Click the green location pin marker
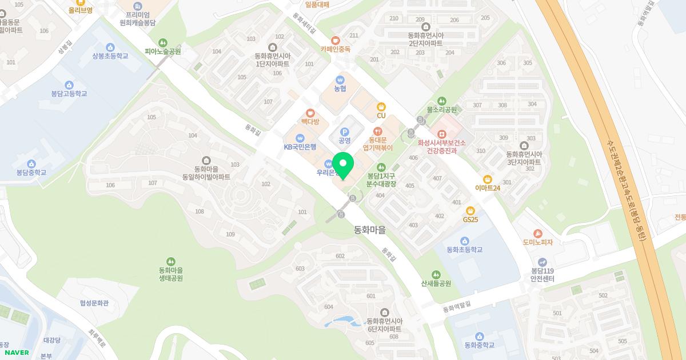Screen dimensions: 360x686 343,165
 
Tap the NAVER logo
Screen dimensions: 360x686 16,353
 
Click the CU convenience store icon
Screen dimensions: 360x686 381,106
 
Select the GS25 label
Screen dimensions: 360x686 470,219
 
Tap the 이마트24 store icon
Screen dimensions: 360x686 488,179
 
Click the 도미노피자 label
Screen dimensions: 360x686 537,242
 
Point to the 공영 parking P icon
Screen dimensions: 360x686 344,132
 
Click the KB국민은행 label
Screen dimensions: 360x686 300,147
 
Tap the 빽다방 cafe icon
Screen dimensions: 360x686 310,113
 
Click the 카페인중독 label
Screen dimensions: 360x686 335,49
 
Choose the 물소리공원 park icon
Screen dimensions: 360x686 441,101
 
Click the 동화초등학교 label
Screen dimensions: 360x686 464,250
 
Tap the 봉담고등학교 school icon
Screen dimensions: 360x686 69,85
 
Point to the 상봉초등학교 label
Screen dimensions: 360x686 110,56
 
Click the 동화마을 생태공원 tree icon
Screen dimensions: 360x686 171,261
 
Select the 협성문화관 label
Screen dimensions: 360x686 94,303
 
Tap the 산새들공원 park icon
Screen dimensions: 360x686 436,275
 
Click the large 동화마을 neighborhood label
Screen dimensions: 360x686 370,230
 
